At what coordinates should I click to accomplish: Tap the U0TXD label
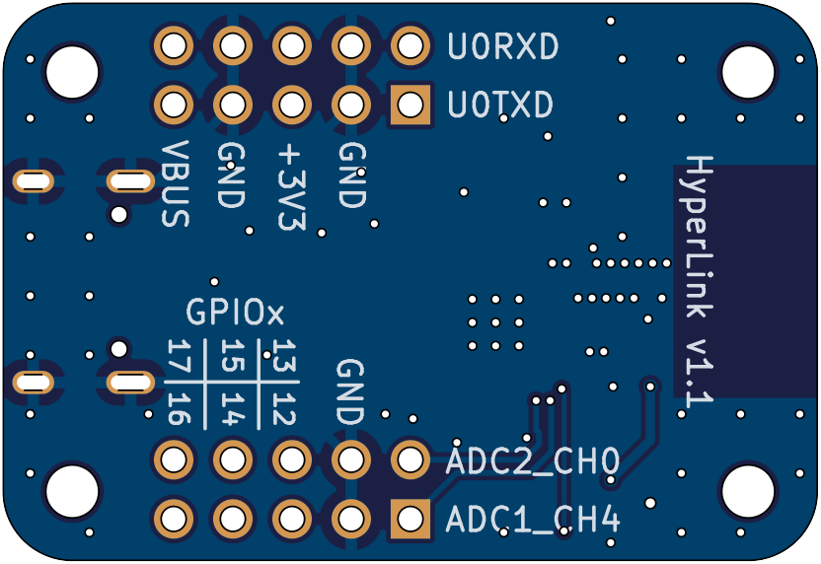coord(500,105)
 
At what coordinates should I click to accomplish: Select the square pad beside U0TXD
coord(410,104)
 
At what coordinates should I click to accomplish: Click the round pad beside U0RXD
coord(410,44)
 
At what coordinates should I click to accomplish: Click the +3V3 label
coord(292,187)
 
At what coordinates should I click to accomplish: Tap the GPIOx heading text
coord(235,314)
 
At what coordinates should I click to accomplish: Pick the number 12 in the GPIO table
coord(284,408)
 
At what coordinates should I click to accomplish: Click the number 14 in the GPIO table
coord(232,408)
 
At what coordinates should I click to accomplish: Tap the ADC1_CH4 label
coord(533,520)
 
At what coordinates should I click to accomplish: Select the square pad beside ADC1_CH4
coord(410,518)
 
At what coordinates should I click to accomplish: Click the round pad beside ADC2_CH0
coord(410,458)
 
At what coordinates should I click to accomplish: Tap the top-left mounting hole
coord(72,68)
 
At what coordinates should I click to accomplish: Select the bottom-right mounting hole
coord(749,489)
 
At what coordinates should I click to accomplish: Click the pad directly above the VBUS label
coord(175,104)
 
